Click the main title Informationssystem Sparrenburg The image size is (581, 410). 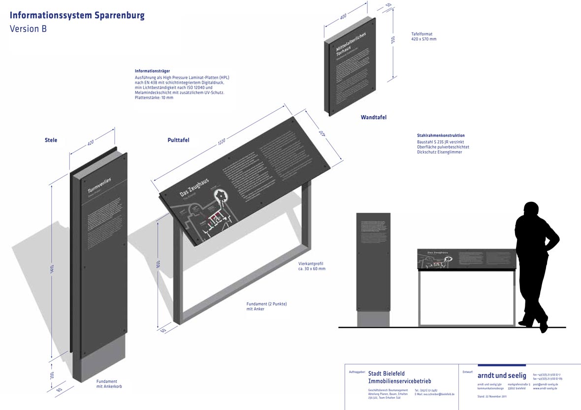[x=77, y=16]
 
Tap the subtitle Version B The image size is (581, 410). [x=29, y=29]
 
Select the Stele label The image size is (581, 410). [x=51, y=140]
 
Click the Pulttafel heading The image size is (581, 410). [x=178, y=140]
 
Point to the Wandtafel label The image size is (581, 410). [x=373, y=118]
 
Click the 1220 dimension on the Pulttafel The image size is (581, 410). [x=222, y=141]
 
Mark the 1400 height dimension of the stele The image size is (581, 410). [x=51, y=270]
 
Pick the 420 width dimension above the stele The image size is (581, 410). [x=91, y=143]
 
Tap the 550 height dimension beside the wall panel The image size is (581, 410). [x=393, y=40]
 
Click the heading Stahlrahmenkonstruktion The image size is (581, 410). [x=441, y=135]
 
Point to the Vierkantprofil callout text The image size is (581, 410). [x=312, y=266]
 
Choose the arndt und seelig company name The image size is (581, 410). [x=502, y=376]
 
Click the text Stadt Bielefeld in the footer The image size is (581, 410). [x=387, y=374]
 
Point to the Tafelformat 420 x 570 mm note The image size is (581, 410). [x=424, y=36]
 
